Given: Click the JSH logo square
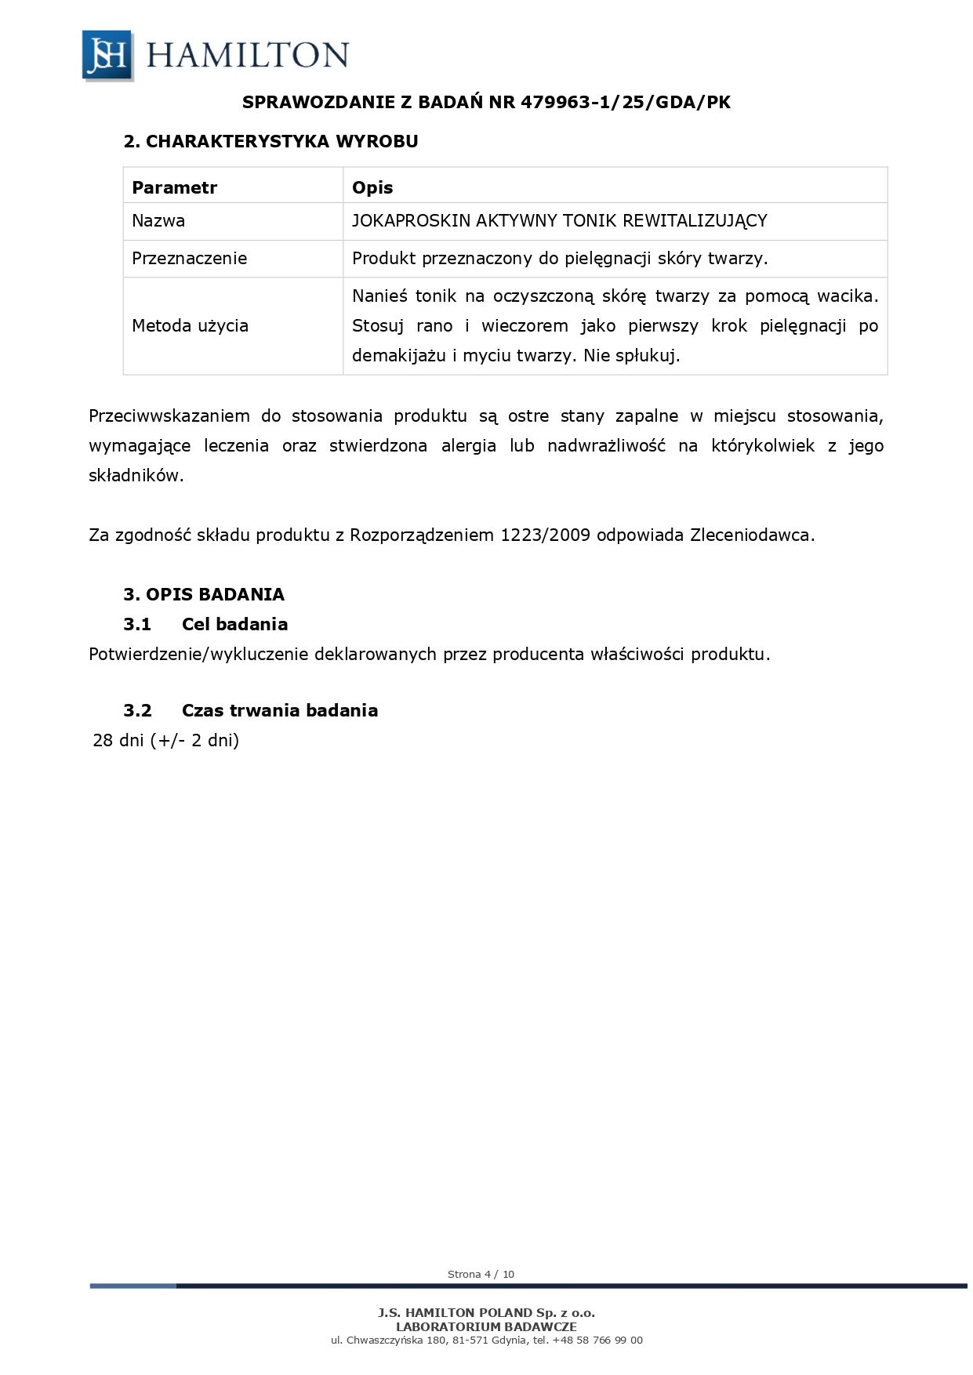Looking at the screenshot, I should coord(107,55).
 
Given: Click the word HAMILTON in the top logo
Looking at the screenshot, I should coord(247,56).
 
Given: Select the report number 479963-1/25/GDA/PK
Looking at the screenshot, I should coord(626,102).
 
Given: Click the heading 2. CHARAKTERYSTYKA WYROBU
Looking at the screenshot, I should coord(270,142).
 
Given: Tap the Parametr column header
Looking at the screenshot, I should coord(174,187).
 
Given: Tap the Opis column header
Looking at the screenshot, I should coord(372,187).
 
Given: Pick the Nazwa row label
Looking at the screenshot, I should coord(158,221).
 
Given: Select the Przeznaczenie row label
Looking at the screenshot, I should coord(189,259).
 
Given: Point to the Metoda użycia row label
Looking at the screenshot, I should coord(190,326).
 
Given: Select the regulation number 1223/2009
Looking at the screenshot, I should coord(545,535).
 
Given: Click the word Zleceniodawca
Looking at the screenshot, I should coord(752,535).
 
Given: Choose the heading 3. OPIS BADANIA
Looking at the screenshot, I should coord(204,594).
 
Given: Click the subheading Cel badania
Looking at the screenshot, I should coord(234,625).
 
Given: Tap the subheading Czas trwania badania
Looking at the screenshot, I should coord(279,711).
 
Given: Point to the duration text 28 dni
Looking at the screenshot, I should coord(118,741).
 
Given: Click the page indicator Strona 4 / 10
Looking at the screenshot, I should coord(481,1275).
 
